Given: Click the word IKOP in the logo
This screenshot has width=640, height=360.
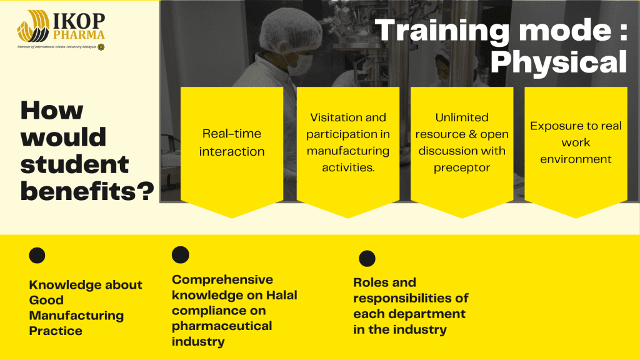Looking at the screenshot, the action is pos(79,21).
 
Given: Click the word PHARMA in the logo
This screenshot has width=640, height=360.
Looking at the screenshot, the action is pos(79,35).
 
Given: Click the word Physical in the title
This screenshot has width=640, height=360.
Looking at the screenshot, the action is pos(559,62).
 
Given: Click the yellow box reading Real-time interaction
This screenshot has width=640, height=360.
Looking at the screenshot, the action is pos(232,152).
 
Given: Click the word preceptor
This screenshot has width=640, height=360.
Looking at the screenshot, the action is pos(462,167).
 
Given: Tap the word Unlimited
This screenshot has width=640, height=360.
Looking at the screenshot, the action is pos(462,117).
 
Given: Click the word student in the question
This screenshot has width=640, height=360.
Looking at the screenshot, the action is pos(74,164).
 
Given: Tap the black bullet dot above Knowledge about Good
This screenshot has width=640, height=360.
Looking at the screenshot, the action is pos(37,256).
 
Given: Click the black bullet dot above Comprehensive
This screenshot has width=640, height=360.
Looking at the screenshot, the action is pos(181,255).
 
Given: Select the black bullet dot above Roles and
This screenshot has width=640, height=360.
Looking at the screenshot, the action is pos(367,258).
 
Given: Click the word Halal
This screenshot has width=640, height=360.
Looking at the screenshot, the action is pos(282,295).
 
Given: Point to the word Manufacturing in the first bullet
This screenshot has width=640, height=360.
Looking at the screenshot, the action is pos(76,316).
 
